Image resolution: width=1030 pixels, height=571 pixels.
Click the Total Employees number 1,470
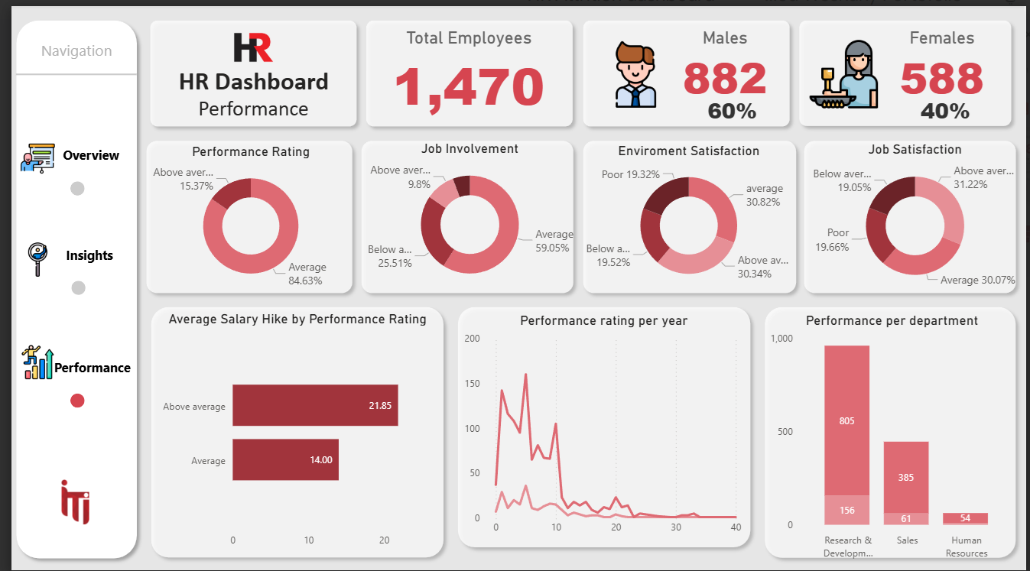point(469,86)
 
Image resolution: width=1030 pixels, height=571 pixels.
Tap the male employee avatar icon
point(635,75)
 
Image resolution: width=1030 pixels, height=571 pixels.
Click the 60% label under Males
point(731,112)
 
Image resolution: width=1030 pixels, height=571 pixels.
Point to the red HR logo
point(252,47)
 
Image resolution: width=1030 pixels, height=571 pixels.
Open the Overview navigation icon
point(37,156)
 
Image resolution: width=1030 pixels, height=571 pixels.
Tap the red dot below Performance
point(77,401)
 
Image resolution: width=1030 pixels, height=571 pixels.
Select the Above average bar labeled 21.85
point(315,405)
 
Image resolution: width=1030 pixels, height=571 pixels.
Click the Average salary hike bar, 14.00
point(285,459)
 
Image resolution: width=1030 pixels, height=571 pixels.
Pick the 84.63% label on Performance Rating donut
point(306,281)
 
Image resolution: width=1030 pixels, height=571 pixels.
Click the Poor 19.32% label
point(630,175)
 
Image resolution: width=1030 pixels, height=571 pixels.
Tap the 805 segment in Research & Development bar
point(846,420)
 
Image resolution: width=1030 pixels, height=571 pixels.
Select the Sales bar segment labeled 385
point(905,477)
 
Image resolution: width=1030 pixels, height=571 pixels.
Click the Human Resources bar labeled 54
point(965,518)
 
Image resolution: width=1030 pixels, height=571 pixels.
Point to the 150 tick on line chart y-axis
point(472,384)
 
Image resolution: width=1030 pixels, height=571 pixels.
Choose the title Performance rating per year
point(603,321)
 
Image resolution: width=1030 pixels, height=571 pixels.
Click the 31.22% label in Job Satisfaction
point(970,184)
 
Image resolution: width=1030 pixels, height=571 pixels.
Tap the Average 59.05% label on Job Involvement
point(553,241)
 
